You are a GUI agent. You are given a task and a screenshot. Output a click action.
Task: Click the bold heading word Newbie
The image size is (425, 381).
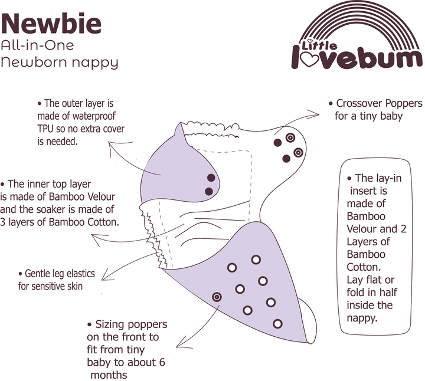pos(51,24)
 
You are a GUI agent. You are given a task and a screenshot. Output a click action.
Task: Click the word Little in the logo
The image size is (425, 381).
pos(319,45)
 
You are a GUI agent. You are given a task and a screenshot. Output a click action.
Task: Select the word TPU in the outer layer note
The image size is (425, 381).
pos(45,129)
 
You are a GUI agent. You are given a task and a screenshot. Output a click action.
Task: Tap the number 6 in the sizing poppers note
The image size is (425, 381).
pos(162,362)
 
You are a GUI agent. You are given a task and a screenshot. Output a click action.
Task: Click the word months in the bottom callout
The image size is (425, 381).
pos(109,375)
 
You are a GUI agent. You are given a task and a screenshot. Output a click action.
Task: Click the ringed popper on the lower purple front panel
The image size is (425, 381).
pos(217,297)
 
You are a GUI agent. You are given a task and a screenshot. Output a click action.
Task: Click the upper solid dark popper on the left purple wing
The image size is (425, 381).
pos(211,178)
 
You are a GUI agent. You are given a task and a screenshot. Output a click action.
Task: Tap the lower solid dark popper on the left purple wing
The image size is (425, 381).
pos(209,192)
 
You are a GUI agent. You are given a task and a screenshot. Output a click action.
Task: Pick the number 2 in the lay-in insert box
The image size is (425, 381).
pos(403,229)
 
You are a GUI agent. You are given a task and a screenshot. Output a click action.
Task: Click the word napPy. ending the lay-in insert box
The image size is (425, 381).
pos(362,318)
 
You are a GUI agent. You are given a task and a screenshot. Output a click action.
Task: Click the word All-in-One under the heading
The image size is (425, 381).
pos(37,45)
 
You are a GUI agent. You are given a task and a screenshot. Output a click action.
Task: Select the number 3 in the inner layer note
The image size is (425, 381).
pos(3,222)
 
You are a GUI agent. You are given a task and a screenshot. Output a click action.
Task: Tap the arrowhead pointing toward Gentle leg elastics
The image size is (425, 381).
pos(105,275)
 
